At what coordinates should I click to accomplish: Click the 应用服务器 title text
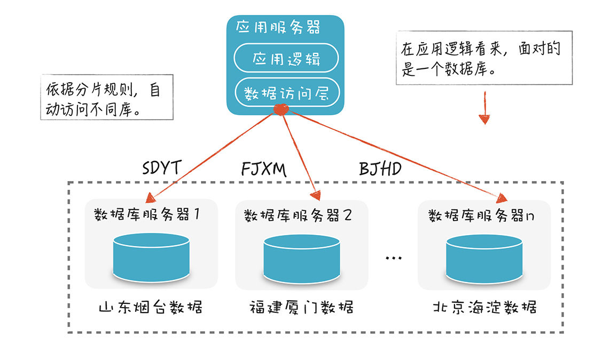[278, 27]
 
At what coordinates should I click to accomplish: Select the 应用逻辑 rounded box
[286, 58]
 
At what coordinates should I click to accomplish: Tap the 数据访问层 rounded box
[287, 92]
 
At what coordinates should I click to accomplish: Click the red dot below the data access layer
[281, 109]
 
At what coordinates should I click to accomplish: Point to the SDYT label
[162, 168]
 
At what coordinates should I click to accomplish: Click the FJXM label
[264, 169]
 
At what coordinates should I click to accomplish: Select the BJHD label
[380, 169]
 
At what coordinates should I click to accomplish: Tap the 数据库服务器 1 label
[147, 214]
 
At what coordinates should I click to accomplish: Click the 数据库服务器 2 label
[298, 215]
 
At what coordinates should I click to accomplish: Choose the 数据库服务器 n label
[481, 215]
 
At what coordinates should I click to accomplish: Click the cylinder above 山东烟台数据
[151, 257]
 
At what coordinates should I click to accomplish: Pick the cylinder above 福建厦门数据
[302, 259]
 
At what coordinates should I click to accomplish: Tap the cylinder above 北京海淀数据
[484, 259]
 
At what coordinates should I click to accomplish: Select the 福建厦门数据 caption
[301, 307]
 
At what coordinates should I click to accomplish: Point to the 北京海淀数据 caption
[484, 307]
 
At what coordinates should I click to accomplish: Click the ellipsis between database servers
[393, 257]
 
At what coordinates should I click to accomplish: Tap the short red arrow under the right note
[484, 108]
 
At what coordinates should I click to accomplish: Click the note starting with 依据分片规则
[107, 97]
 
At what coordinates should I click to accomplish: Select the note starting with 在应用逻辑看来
[484, 58]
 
